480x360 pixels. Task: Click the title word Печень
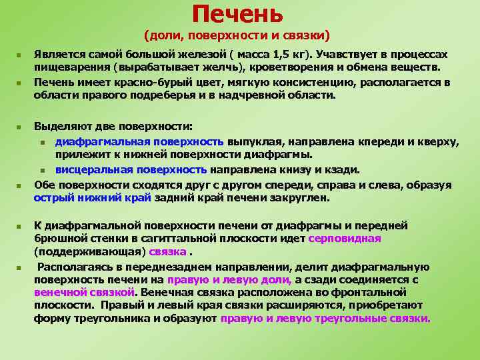click(237, 14)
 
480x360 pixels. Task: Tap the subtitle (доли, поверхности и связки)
click(237, 35)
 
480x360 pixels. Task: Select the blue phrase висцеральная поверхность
click(131, 170)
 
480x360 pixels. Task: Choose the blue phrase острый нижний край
click(93, 197)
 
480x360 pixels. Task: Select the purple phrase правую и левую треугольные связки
click(325, 318)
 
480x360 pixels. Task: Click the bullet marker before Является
click(21, 54)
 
